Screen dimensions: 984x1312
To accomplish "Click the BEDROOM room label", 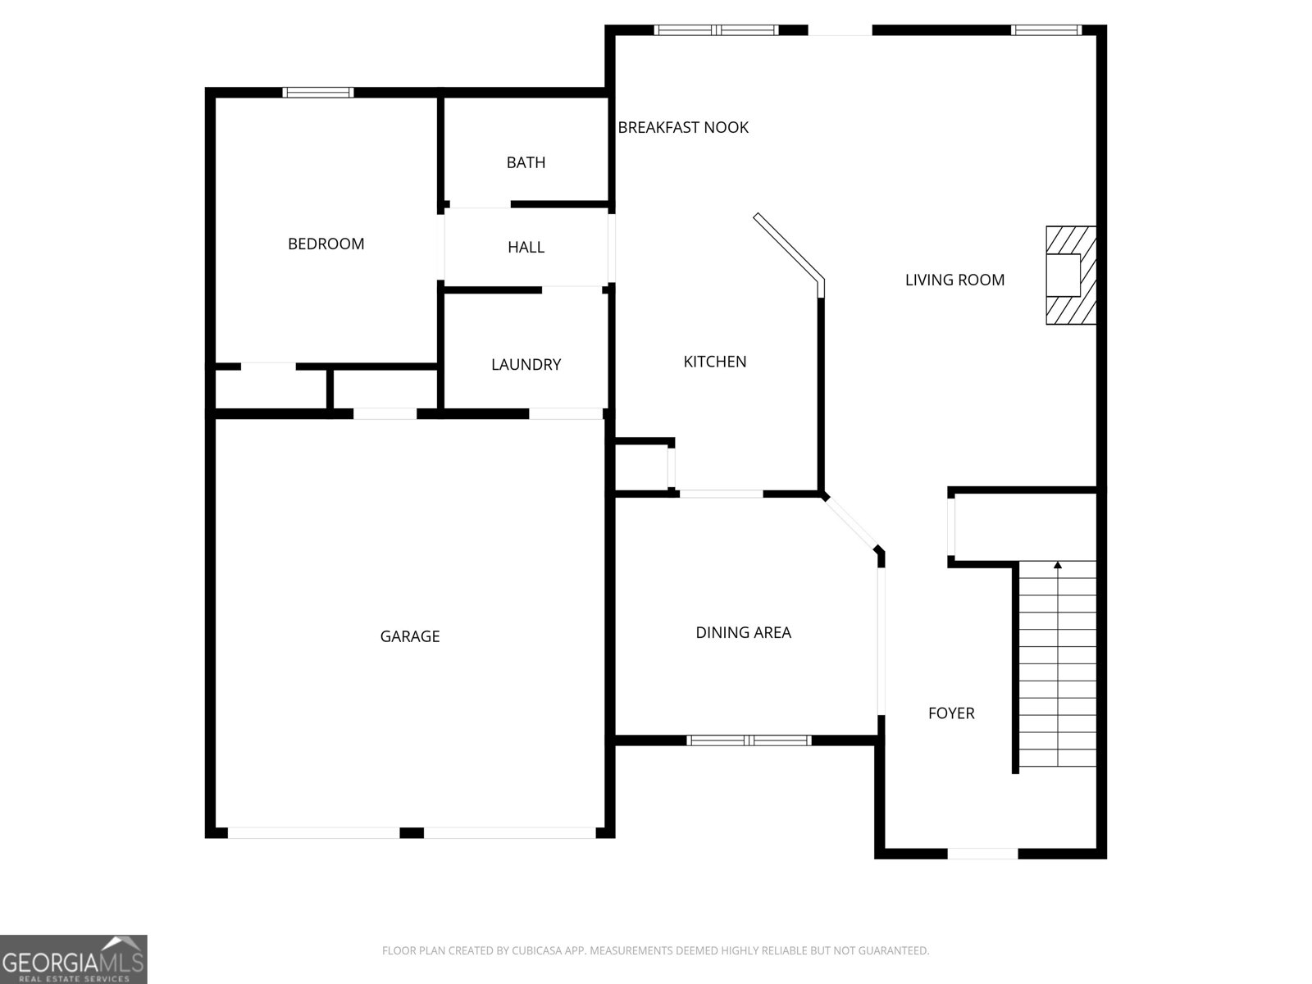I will (326, 244).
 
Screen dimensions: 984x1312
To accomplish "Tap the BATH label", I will (526, 162).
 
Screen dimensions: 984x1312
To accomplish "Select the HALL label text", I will (526, 247).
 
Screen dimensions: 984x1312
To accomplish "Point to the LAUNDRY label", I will (526, 364).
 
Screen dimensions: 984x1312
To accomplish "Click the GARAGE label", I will (409, 636).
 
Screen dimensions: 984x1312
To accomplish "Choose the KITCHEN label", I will (715, 362).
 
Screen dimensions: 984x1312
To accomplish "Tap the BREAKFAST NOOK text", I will (683, 127).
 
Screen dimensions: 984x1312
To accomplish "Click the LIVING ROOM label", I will (954, 280).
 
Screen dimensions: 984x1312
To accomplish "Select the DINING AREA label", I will (743, 632).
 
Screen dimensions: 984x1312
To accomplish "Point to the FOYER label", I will (951, 713).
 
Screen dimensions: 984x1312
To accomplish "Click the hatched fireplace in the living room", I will (1071, 276).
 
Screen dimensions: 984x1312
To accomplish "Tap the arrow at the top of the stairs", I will (1058, 565).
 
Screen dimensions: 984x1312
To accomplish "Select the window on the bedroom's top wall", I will (318, 92).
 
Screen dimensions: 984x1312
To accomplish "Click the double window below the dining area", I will (749, 740).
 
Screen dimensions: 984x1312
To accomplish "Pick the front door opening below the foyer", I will (982, 854).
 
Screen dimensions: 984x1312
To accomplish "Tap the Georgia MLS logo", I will (73, 959).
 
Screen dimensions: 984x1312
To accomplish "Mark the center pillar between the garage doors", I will (412, 833).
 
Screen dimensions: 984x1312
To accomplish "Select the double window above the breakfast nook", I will (716, 30).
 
